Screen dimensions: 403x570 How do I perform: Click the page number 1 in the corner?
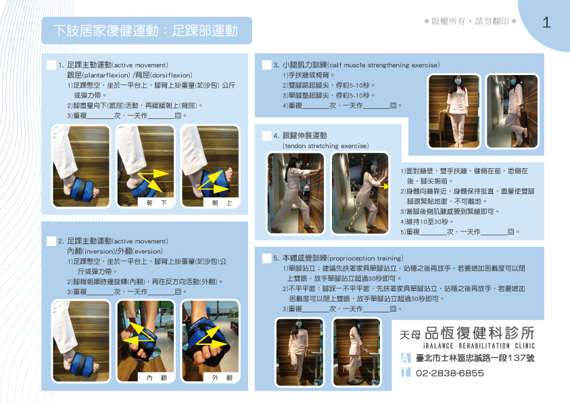point(546,22)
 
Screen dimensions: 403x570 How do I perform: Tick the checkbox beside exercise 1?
point(51,65)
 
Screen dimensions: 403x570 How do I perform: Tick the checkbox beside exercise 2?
point(51,241)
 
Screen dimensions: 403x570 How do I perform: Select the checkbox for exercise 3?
point(266,65)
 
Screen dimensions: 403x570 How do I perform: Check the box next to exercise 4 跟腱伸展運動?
point(266,135)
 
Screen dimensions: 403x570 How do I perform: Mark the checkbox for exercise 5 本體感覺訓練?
point(266,258)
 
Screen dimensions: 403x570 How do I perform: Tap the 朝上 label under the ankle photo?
point(218,202)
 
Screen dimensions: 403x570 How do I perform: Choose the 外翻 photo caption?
point(218,377)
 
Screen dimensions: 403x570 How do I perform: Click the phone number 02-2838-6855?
point(450,373)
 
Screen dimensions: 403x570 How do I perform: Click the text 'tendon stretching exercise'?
point(325,145)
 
